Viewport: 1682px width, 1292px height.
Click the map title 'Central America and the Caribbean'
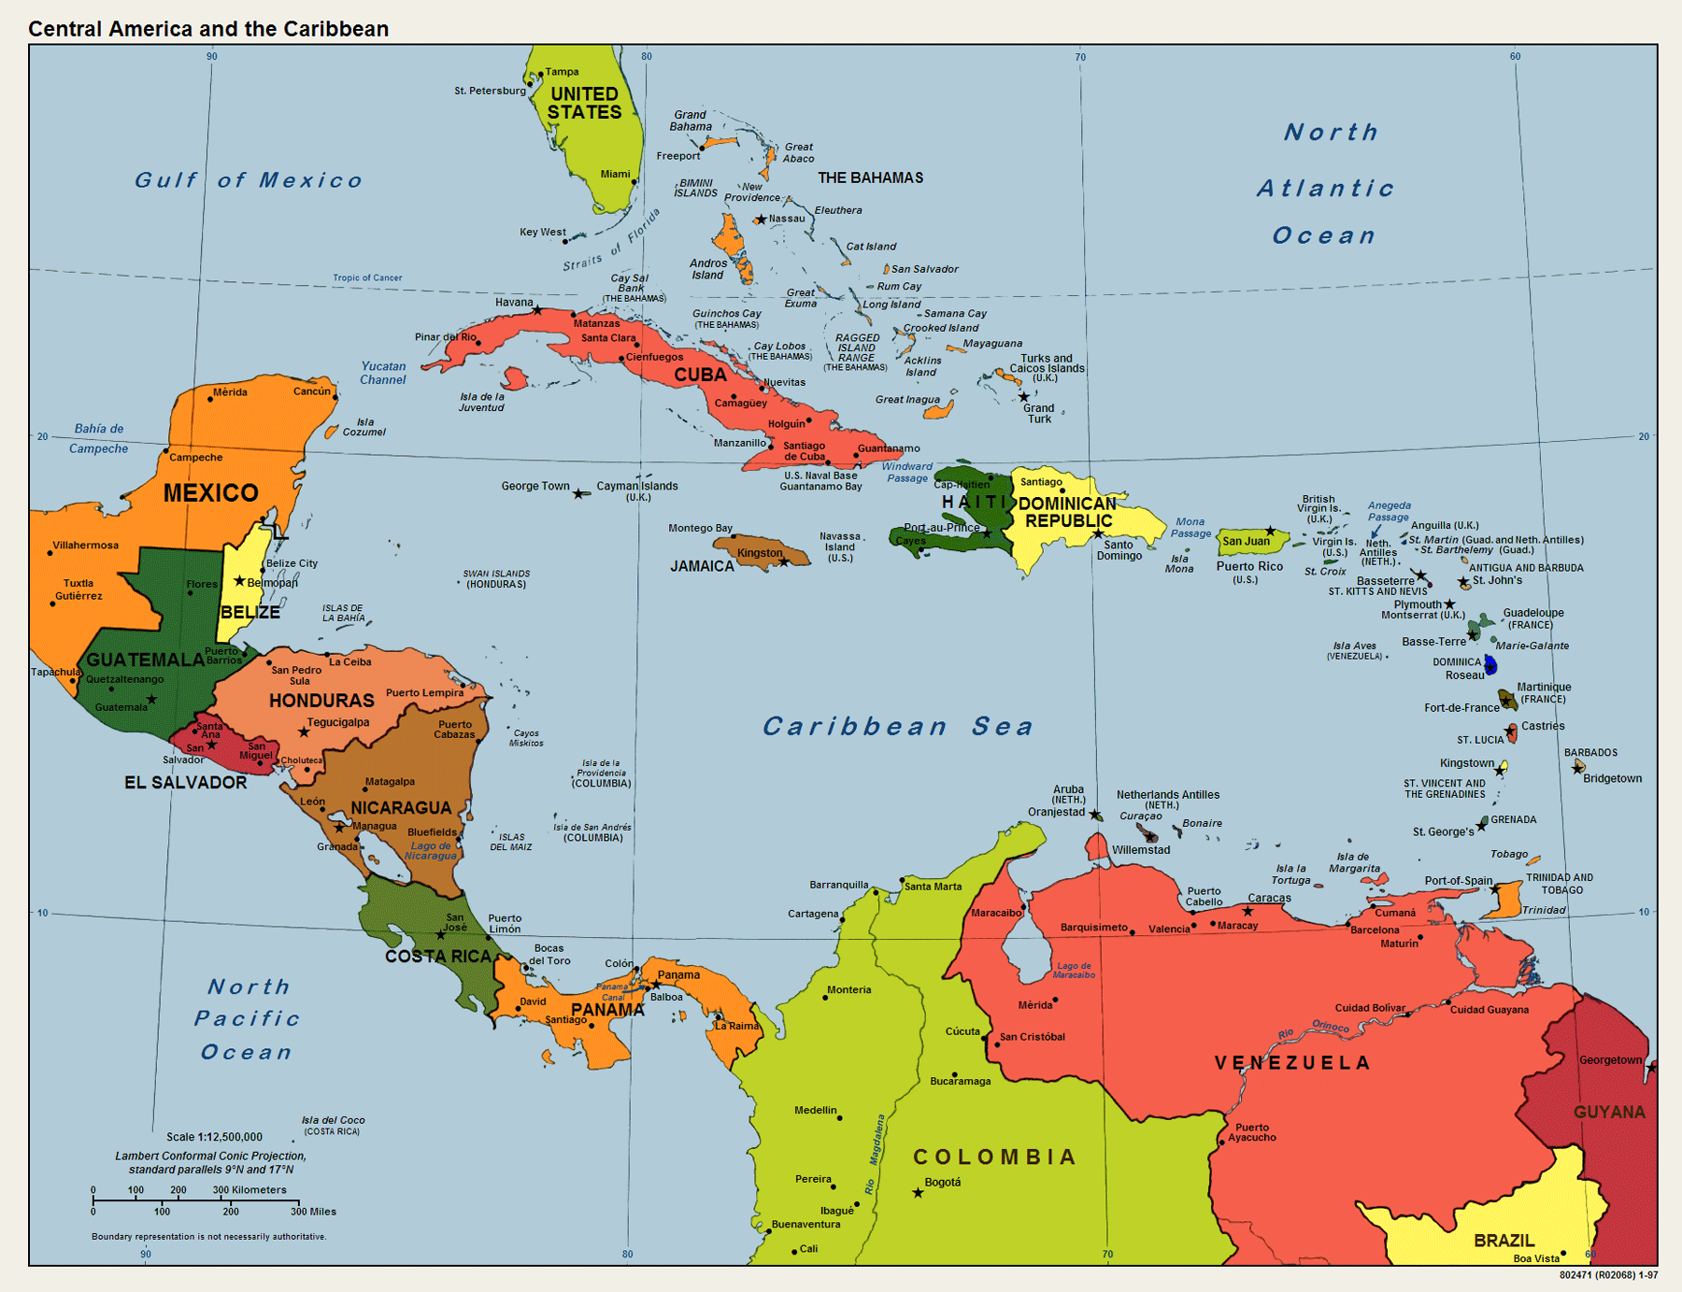(208, 29)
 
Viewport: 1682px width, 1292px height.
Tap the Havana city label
(514, 302)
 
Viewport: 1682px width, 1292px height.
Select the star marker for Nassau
(761, 220)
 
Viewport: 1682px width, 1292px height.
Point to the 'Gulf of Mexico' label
(249, 180)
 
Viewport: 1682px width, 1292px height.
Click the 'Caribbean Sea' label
(898, 726)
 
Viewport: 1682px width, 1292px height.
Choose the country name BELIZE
(250, 612)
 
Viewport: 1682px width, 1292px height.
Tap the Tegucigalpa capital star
(304, 732)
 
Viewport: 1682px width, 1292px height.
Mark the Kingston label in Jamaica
(759, 553)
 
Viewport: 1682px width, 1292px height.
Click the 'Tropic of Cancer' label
(367, 277)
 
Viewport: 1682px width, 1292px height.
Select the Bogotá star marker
(918, 1193)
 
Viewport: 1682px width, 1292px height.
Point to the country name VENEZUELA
(1292, 1063)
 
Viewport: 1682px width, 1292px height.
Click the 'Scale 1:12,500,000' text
(214, 1137)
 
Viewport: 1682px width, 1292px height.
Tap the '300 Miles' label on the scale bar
(313, 1212)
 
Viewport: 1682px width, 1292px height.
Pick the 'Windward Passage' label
(906, 472)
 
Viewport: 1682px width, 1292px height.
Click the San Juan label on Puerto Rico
(1246, 541)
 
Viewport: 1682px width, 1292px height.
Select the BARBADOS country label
(1590, 752)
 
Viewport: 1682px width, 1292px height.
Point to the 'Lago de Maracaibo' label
(1074, 970)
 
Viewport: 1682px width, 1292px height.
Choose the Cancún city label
(311, 391)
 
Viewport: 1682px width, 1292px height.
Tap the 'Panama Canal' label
(612, 991)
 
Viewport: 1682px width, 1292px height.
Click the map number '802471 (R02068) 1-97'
(1608, 1274)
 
